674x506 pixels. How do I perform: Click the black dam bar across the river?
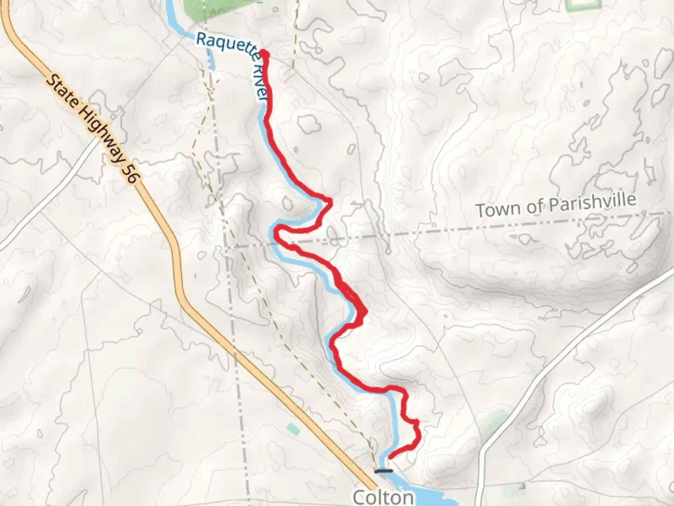click(384, 470)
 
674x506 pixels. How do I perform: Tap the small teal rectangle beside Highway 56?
click(293, 428)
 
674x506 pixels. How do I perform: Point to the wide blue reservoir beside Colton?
click(431, 497)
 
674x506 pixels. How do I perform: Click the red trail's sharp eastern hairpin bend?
click(330, 202)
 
